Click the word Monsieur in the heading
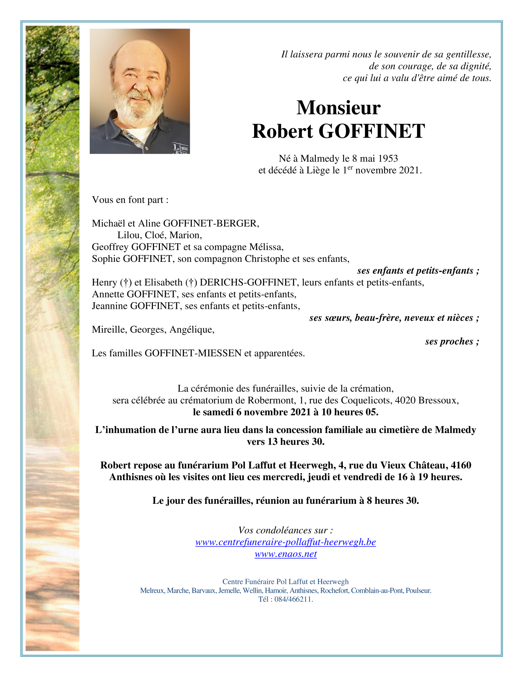tap(338, 108)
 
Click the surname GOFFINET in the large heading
tap(371, 131)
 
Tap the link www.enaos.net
tap(286, 554)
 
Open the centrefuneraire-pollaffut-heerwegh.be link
tap(286, 542)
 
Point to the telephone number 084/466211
tap(293, 599)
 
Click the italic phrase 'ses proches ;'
tap(452, 342)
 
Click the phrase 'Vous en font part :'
tap(130, 200)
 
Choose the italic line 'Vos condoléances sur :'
tap(286, 530)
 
